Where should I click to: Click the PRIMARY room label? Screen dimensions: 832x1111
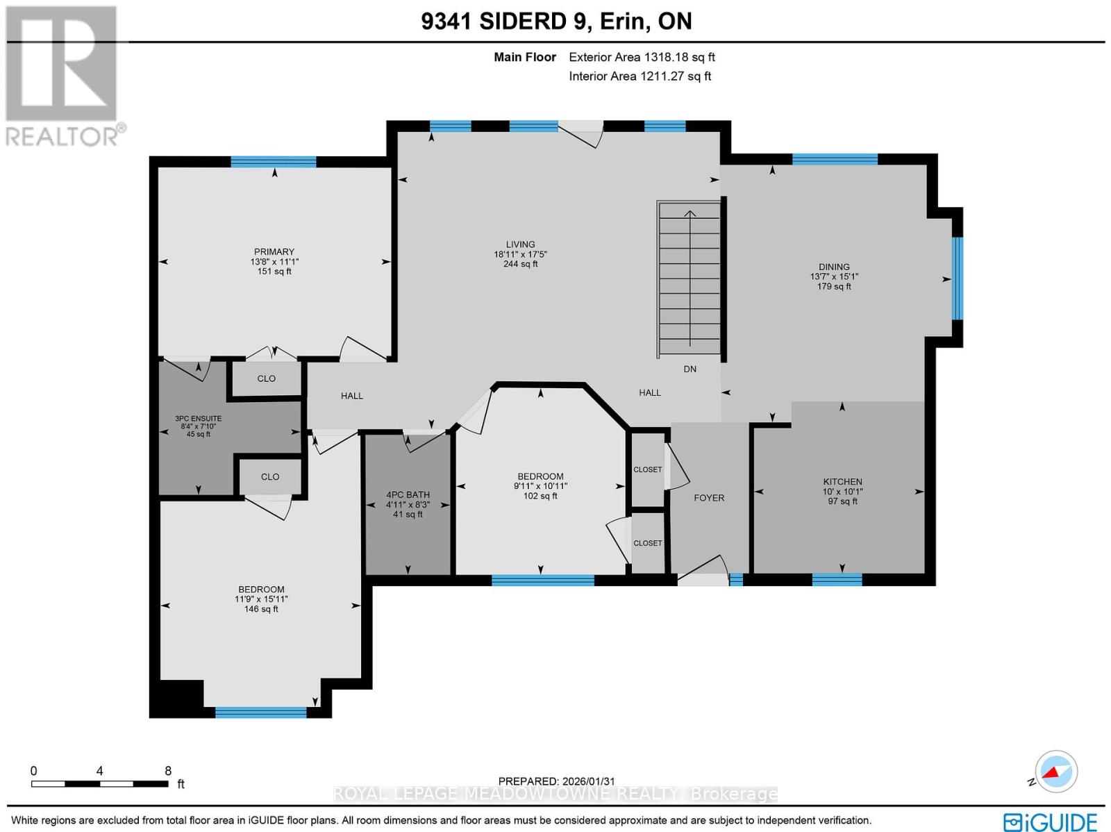274,251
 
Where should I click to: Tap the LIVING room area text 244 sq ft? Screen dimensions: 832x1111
520,264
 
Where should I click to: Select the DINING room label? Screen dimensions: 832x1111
833,267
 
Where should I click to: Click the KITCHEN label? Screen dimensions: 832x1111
842,481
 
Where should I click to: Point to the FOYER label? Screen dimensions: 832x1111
708,498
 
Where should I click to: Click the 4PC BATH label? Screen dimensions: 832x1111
408,495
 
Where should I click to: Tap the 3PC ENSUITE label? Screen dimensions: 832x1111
198,419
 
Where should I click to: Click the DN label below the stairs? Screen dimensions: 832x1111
690,369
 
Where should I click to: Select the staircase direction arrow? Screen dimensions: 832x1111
690,278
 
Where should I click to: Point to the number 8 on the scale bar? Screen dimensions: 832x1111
168,771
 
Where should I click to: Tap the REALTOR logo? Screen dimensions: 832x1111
65,76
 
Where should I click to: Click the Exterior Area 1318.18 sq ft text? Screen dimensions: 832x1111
642,58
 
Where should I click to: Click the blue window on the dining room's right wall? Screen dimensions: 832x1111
957,278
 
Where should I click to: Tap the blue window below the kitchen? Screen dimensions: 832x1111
837,579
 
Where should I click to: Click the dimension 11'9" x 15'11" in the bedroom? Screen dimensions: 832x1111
261,599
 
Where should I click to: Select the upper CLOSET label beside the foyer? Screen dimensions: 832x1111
647,470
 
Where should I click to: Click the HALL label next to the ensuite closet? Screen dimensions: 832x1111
351,396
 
